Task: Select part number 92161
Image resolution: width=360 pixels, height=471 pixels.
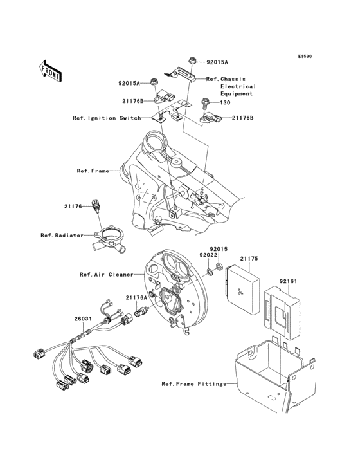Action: pos(289,281)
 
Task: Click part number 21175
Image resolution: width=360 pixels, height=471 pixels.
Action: pos(249,259)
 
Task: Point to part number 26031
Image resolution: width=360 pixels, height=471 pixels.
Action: pos(82,318)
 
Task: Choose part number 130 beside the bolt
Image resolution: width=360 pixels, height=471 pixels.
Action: pos(225,102)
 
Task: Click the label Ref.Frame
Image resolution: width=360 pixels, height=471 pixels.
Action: pos(91,171)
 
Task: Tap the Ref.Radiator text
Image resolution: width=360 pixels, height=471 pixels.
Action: pos(62,235)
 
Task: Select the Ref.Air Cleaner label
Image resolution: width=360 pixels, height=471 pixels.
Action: pos(106,274)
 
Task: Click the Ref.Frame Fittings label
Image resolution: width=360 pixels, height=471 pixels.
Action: pos(194,384)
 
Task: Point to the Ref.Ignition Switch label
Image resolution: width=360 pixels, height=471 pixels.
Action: pos(106,118)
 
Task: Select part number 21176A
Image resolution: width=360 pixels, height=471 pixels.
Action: pos(136,297)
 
